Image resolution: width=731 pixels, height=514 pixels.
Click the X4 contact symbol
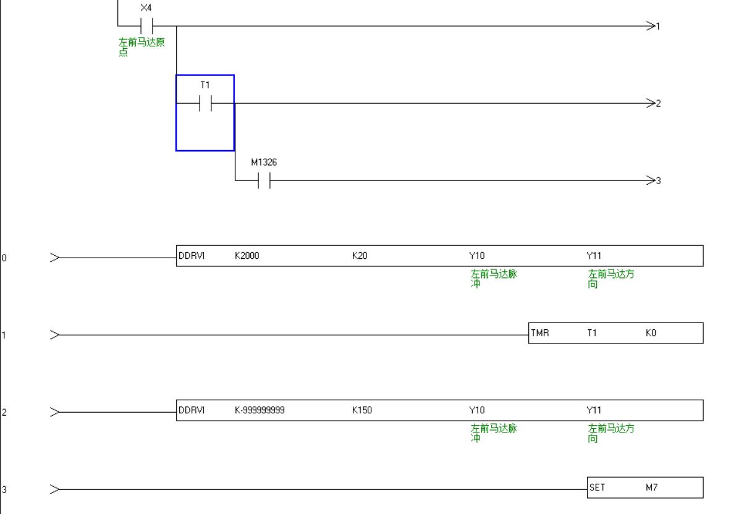(x=146, y=26)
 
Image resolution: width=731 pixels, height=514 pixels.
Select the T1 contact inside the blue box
(x=205, y=103)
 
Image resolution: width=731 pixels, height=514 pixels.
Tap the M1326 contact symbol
(x=264, y=180)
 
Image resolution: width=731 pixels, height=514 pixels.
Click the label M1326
(x=264, y=162)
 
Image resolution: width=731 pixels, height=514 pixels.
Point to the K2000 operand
(x=247, y=256)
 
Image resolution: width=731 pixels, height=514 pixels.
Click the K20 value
(x=360, y=256)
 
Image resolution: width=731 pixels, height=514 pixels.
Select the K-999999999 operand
(x=260, y=410)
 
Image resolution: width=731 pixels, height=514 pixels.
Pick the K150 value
(x=362, y=410)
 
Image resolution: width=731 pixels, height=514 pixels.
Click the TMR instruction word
(x=540, y=333)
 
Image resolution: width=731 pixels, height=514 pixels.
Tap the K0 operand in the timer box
(x=651, y=333)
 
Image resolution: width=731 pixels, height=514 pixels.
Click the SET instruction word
(x=598, y=487)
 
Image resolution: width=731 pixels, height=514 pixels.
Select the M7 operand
(x=652, y=487)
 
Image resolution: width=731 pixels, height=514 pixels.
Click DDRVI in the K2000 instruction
(x=192, y=256)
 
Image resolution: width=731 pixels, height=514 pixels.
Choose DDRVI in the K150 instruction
(x=192, y=410)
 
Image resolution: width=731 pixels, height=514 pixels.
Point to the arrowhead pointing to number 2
(x=650, y=103)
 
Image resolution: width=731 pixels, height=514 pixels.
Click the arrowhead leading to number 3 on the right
(x=650, y=180)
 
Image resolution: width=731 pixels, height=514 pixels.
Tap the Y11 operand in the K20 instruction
(x=594, y=256)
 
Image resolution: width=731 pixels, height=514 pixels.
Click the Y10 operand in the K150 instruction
(x=477, y=410)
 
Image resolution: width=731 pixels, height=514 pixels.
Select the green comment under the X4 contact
(x=142, y=47)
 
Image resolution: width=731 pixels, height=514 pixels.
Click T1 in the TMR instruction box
(x=592, y=333)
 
